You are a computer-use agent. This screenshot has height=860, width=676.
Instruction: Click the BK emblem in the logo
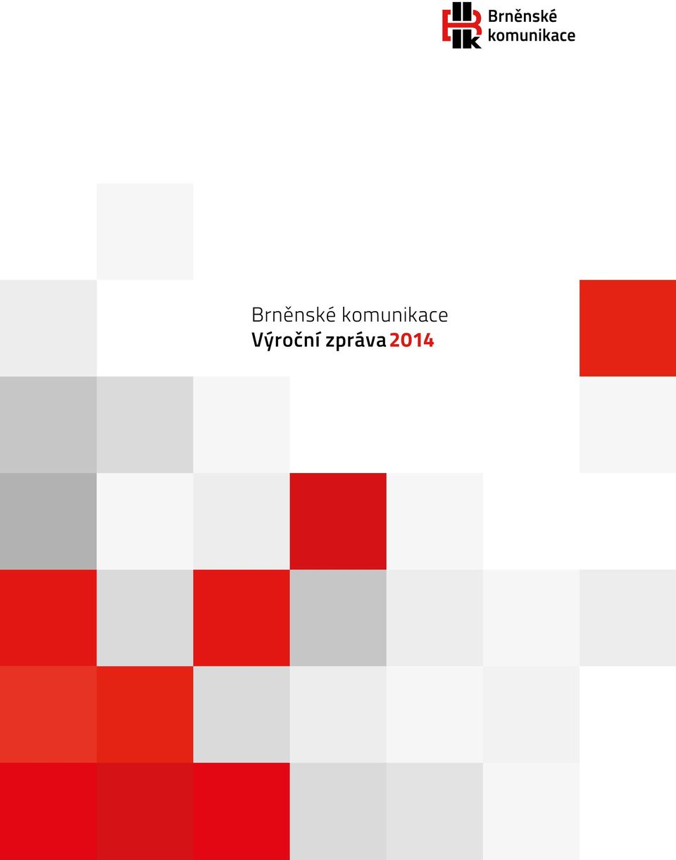pyautogui.click(x=462, y=25)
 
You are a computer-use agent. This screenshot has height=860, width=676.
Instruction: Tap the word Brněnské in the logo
pyautogui.click(x=522, y=17)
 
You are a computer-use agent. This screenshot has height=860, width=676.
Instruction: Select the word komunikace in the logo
pyautogui.click(x=532, y=35)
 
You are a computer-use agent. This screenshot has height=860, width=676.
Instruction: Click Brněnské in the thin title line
pyautogui.click(x=294, y=315)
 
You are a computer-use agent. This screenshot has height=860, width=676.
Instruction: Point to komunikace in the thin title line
pyautogui.click(x=395, y=315)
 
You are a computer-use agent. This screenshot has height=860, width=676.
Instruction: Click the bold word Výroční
pyautogui.click(x=287, y=340)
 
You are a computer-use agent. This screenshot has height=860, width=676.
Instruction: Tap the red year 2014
pyautogui.click(x=412, y=341)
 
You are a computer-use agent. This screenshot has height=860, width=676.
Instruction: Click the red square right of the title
pyautogui.click(x=627, y=328)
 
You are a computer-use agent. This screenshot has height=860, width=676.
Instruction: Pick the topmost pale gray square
pyautogui.click(x=145, y=232)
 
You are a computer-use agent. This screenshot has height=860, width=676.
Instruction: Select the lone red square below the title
pyautogui.click(x=338, y=521)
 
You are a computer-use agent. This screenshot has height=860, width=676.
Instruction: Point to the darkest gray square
pyautogui.click(x=49, y=521)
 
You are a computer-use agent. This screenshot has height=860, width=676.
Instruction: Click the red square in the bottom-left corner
pyautogui.click(x=49, y=811)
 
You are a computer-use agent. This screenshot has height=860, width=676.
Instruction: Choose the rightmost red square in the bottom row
pyautogui.click(x=242, y=811)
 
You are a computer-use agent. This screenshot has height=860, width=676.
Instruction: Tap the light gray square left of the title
pyautogui.click(x=49, y=328)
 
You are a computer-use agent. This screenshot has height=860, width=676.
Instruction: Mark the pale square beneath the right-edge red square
pyautogui.click(x=627, y=424)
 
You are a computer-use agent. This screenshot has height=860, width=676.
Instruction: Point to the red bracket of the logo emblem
pyautogui.click(x=446, y=25)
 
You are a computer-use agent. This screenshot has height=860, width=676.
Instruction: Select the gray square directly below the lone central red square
pyautogui.click(x=338, y=618)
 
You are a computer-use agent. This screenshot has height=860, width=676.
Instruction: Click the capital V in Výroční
pyautogui.click(x=258, y=341)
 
